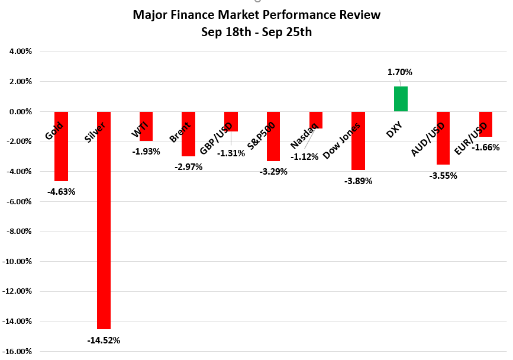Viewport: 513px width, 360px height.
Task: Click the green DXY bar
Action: point(401,99)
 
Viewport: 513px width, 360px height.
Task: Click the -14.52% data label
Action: point(104,340)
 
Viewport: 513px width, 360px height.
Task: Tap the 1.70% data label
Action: point(400,72)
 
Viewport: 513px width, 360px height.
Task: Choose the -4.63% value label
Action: point(61,191)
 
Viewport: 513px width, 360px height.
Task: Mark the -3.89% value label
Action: point(358,181)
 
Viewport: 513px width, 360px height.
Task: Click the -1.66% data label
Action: point(486,147)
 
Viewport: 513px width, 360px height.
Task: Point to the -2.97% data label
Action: point(188,167)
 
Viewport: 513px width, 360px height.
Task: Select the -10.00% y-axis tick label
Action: point(18,262)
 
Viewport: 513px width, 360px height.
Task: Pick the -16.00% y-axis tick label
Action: point(18,352)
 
